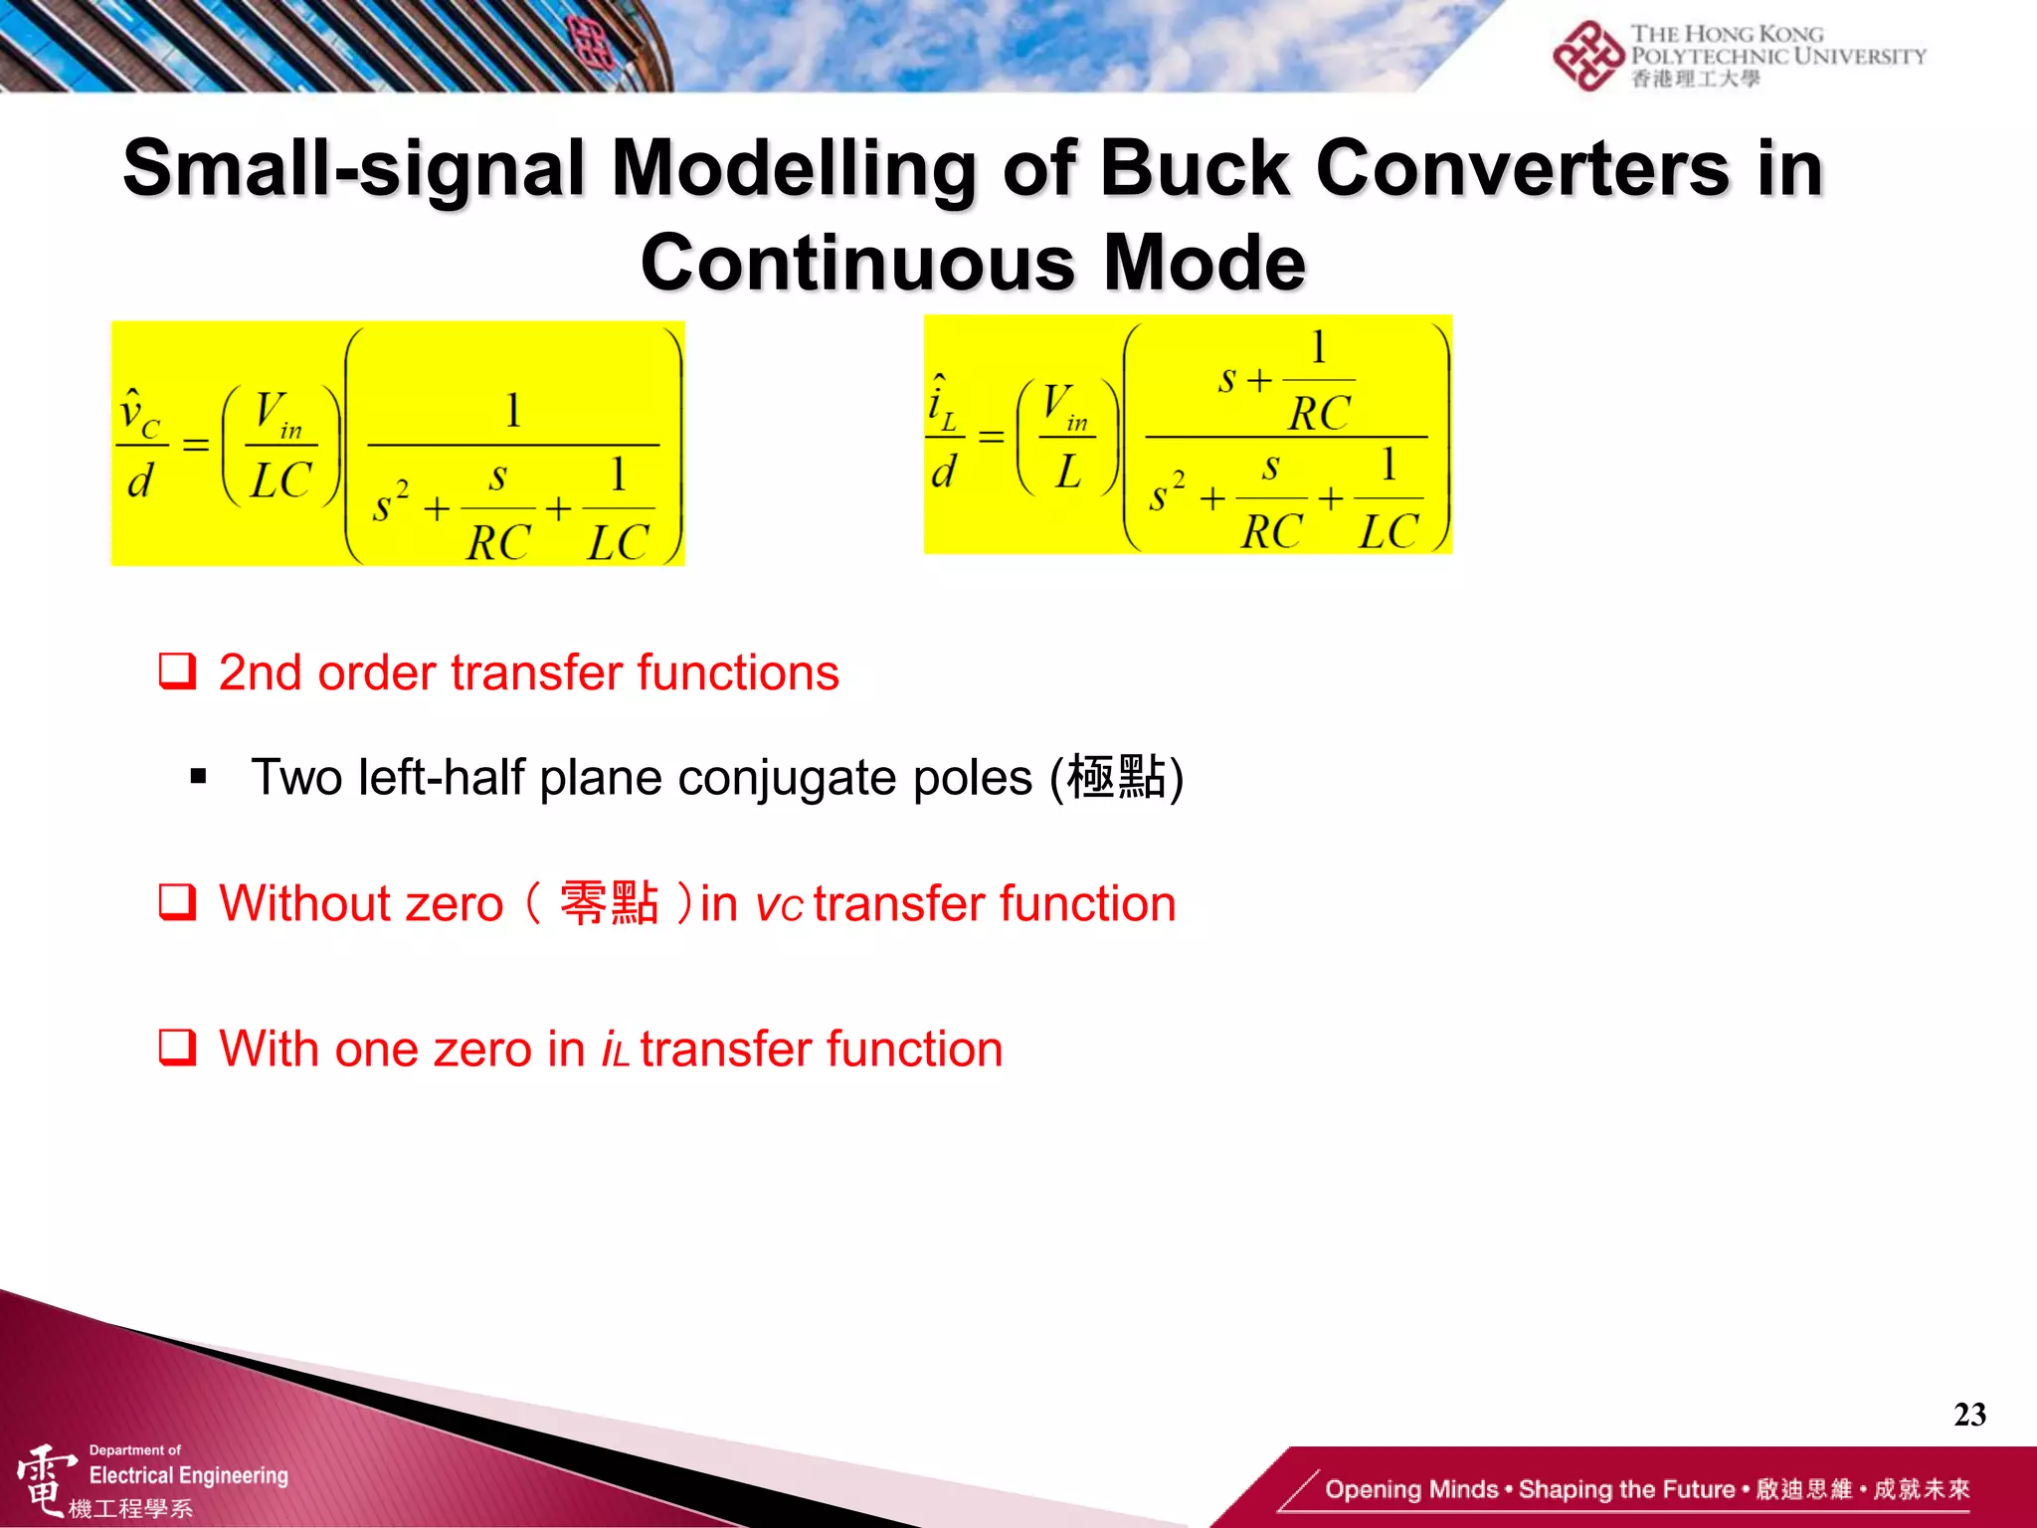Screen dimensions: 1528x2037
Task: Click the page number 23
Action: pos(1968,1414)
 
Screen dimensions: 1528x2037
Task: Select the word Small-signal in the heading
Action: pos(354,168)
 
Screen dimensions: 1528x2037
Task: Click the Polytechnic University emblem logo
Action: pos(1588,56)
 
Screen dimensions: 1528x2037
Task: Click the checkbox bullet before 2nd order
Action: pos(178,671)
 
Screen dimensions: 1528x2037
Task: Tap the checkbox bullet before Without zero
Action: pos(178,902)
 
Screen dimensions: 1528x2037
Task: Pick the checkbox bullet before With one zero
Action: pos(178,1048)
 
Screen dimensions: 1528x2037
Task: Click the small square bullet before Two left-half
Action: pos(198,777)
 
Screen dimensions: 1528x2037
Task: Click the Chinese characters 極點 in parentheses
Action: pos(1116,777)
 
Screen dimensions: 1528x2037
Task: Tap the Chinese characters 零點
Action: pos(609,902)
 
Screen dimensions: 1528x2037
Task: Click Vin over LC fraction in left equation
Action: pos(281,445)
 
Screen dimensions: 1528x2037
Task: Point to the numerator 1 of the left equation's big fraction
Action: pos(513,410)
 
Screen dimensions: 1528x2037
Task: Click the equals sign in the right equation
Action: pos(991,437)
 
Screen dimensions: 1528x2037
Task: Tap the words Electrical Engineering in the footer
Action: pos(189,1475)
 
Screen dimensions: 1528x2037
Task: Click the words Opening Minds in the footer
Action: pos(1410,1489)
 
